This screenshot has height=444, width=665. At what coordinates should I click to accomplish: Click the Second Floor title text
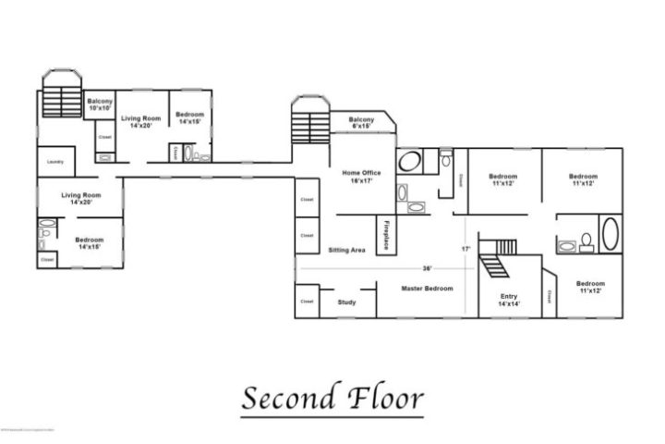(x=332, y=399)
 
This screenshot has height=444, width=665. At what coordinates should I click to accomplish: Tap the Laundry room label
(x=54, y=163)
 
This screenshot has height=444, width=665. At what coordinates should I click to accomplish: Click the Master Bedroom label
(x=427, y=289)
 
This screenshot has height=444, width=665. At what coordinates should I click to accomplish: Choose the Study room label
(x=346, y=302)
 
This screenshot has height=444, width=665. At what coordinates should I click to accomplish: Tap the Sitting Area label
(x=346, y=250)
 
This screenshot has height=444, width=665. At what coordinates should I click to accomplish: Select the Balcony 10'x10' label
(x=100, y=105)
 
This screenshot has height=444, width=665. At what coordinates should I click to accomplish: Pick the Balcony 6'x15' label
(x=361, y=124)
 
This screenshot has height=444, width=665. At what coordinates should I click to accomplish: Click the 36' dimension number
(x=427, y=268)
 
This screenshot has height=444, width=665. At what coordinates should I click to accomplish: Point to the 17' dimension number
(x=465, y=249)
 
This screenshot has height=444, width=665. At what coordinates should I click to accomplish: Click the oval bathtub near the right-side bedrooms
(x=611, y=233)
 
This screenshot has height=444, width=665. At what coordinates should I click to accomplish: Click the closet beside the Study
(x=307, y=301)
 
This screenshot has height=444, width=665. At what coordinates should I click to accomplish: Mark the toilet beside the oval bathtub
(x=586, y=246)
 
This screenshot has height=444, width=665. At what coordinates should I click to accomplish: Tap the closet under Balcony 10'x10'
(x=104, y=138)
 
